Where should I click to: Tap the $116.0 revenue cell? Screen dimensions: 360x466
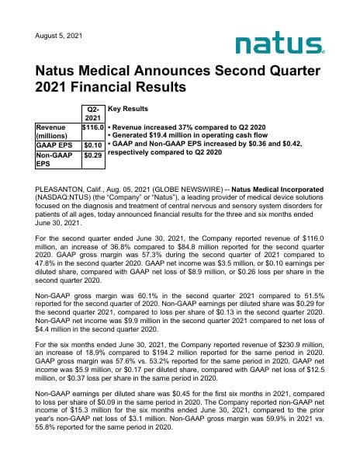coord(93,126)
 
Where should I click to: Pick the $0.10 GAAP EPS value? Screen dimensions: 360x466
coord(93,144)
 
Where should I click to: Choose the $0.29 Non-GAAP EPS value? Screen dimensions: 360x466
coord(93,156)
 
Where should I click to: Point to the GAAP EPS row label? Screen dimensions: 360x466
coord(54,144)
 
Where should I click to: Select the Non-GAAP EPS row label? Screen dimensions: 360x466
coord(54,161)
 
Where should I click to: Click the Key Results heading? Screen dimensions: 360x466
coord(128,110)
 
